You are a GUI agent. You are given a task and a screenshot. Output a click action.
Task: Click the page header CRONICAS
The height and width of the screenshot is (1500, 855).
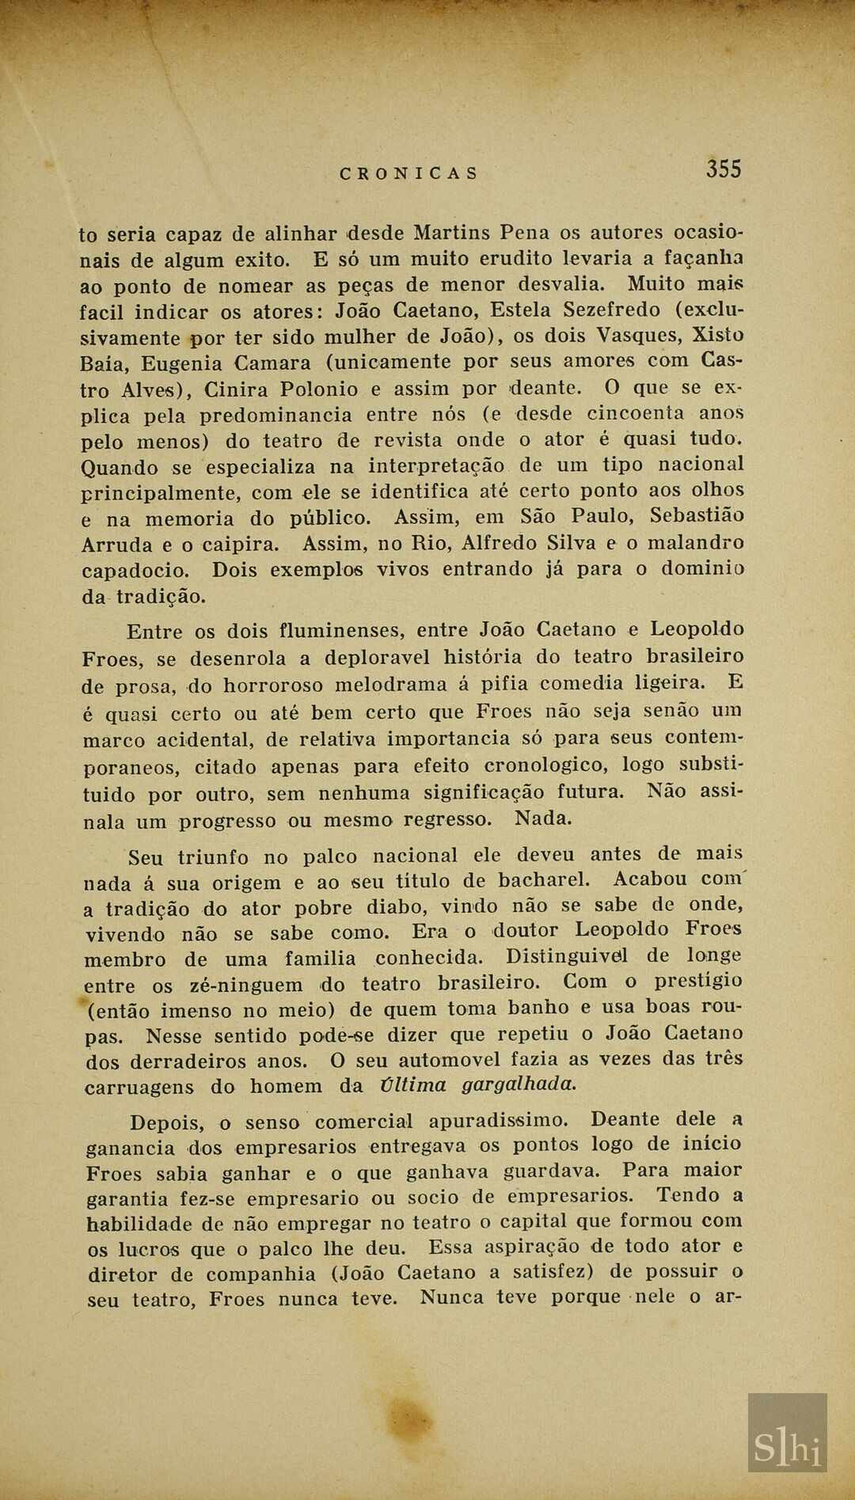pos(408,173)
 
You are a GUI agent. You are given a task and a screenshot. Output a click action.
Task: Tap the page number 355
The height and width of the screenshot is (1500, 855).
pos(724,169)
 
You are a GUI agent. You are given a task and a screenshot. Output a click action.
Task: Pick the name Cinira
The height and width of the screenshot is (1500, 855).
pos(235,389)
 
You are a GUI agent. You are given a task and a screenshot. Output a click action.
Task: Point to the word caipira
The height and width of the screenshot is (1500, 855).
pos(235,545)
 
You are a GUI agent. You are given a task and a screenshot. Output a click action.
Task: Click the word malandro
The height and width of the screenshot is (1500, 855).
pos(693,542)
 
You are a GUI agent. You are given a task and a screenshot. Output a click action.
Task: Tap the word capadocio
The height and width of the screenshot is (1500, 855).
pos(135,571)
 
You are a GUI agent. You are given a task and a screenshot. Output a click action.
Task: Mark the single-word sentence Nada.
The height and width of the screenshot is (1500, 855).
pos(542,818)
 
